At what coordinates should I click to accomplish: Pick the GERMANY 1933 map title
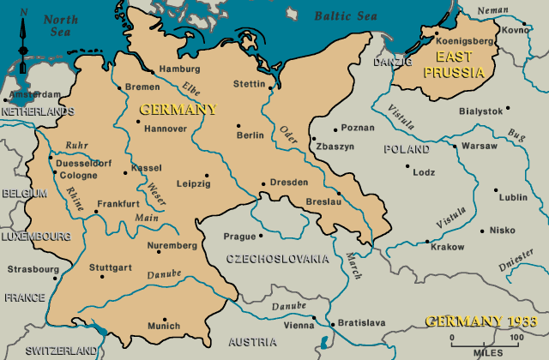tap(480, 321)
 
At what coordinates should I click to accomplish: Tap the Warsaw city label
tap(479, 146)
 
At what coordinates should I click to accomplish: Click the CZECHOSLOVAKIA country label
tap(276, 258)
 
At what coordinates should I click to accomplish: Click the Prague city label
tap(239, 236)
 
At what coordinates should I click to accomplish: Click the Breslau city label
tap(323, 201)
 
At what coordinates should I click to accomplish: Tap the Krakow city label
tap(447, 246)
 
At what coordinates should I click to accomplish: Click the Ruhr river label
tap(63, 145)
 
